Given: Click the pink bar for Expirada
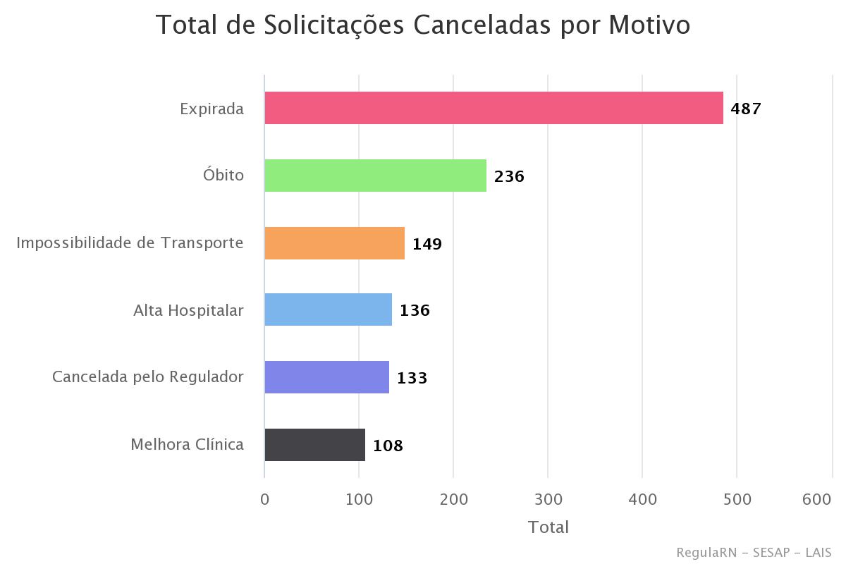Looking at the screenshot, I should tap(493, 108).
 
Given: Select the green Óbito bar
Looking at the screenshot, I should tap(375, 176).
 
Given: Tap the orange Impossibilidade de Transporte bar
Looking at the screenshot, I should tap(334, 243).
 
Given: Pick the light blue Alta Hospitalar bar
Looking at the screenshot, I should tap(328, 310).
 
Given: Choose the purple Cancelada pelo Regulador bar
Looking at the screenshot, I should tap(326, 377).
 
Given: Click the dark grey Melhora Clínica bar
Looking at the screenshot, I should tap(314, 445).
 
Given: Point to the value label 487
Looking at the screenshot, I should tap(746, 109).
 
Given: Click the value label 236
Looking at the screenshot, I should tap(509, 176).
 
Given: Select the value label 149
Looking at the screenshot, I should tap(427, 244).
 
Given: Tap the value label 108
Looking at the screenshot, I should tap(388, 446).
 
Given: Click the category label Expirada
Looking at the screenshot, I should tap(211, 109).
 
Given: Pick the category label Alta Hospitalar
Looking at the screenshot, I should tap(188, 310).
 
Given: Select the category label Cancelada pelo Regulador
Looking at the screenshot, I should tap(148, 377).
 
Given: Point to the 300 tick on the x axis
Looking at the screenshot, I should tap(548, 499).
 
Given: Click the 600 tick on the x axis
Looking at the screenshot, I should tap(817, 499).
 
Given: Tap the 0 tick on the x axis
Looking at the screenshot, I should tap(264, 499).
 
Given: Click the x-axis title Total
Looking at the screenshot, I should tap(548, 527).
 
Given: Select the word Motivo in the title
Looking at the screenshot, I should tap(649, 25).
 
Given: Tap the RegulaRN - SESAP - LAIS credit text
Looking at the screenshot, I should tap(753, 552).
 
